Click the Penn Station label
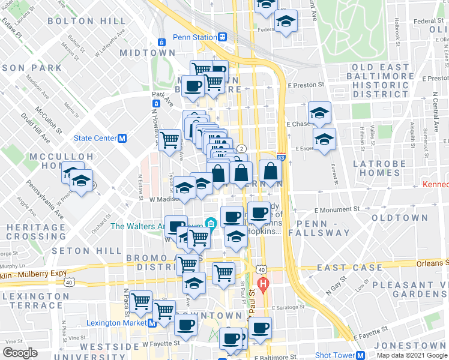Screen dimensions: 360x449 (x=194, y=37)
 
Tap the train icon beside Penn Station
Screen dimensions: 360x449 (x=222, y=37)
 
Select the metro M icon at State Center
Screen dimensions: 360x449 (x=122, y=138)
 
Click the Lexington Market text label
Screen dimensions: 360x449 (x=117, y=323)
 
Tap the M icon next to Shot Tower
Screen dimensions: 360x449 (x=361, y=355)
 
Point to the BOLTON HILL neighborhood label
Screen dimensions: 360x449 (x=86, y=21)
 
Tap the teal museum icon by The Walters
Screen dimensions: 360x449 (x=210, y=225)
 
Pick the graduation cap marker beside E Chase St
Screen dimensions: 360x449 (x=319, y=112)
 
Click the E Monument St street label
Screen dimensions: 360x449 (x=337, y=210)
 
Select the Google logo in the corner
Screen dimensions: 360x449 (x=20, y=353)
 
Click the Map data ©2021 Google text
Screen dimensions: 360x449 (x=411, y=355)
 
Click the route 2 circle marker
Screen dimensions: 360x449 (x=241, y=148)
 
